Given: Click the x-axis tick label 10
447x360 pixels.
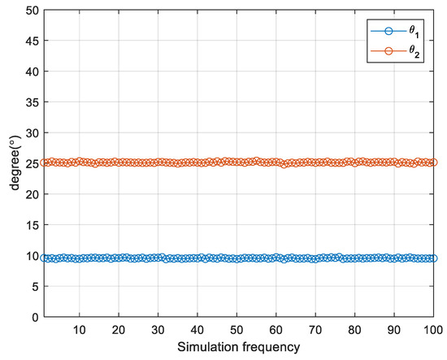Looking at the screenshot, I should point(80,330).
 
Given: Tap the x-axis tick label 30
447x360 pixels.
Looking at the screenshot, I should point(158,330).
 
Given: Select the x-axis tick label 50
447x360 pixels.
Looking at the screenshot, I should point(237,330).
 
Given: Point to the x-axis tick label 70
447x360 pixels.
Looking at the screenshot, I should point(315,330).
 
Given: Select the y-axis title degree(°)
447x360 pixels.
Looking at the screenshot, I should point(11,164).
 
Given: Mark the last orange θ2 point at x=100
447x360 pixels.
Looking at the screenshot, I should point(434,163).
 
